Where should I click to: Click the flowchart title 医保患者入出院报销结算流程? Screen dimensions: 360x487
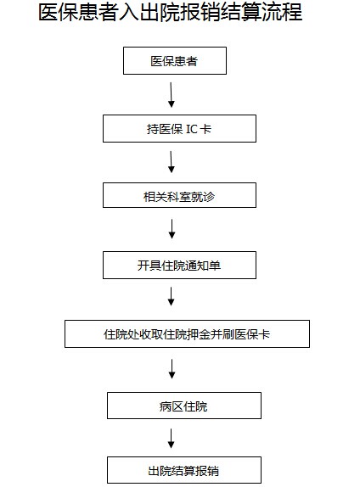coord(171,13)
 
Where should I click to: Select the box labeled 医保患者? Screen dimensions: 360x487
coord(175,60)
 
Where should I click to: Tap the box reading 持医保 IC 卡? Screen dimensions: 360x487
coord(179,129)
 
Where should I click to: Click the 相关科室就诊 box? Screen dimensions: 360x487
coord(179,195)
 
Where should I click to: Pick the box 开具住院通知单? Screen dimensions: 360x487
coord(179,265)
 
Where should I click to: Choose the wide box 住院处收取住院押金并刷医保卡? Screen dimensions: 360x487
coord(187,333)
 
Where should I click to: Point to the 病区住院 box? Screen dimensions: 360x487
coord(184,406)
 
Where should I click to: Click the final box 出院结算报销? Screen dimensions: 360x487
coord(184,470)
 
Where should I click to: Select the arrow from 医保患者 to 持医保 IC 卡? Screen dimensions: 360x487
coord(171,95)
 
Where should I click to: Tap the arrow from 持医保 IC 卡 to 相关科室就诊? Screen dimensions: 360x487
coord(171,162)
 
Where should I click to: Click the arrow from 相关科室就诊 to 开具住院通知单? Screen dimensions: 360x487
coord(172,229)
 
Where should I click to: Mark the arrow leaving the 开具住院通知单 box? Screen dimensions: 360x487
coord(171,296)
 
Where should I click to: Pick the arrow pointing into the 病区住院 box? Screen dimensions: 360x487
coord(172,369)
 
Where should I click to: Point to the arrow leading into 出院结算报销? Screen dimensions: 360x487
coord(171,439)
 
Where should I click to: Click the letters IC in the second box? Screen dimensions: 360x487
coord(192,129)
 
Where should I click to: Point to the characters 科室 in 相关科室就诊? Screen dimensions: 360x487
coord(179,197)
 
